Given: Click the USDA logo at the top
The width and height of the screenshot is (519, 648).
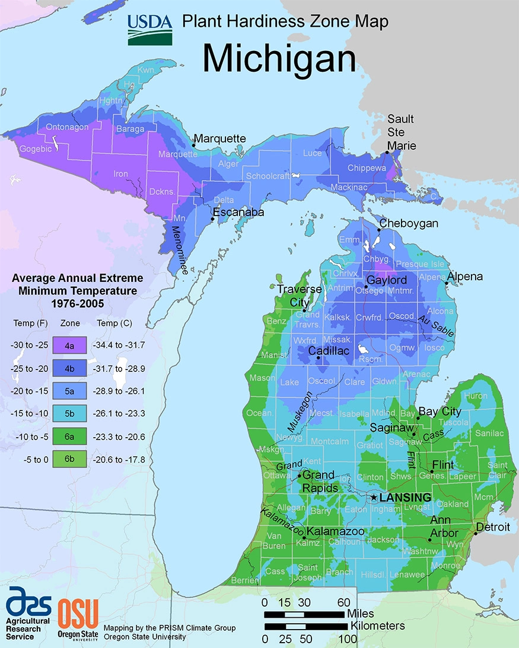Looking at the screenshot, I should point(149,30).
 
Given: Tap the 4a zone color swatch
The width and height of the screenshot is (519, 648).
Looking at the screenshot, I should point(70,344).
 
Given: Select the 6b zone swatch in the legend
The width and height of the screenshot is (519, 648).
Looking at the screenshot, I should point(70,458).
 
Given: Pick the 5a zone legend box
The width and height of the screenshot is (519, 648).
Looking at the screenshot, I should point(70,391).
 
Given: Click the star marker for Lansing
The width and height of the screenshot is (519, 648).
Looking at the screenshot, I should point(373,498).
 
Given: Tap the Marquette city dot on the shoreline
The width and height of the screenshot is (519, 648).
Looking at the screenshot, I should point(194,145).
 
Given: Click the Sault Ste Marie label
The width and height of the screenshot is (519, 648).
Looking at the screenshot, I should point(402,132).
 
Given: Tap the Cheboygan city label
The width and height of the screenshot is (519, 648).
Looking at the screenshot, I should point(409,223).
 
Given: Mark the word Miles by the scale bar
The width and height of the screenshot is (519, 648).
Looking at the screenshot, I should point(361,613).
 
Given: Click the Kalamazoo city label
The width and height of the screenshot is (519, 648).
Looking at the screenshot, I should point(336,531).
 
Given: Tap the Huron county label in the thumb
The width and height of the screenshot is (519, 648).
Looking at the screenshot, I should point(476,396).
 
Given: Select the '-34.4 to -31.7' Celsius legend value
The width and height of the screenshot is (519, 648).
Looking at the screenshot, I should point(119,344).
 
